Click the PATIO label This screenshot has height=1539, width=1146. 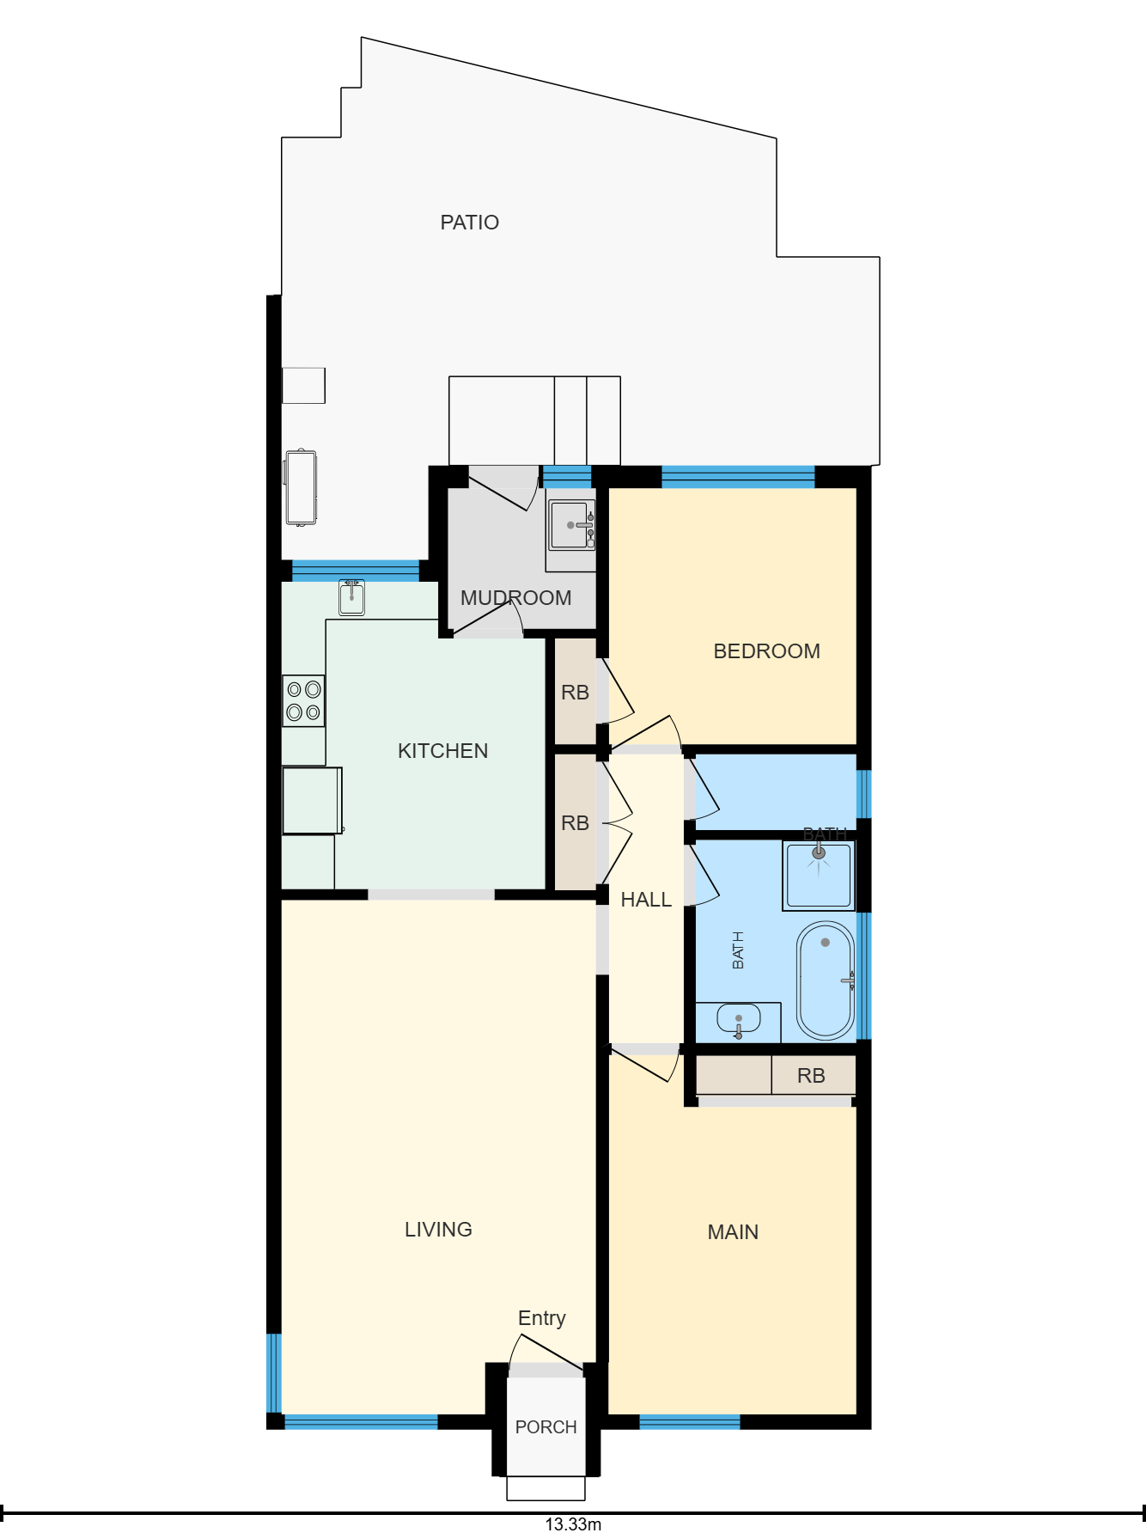(469, 223)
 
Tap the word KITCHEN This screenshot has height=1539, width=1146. (442, 751)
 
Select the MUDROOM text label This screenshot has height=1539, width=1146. (515, 598)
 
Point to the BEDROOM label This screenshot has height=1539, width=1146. (766, 651)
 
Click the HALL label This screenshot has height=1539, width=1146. (646, 900)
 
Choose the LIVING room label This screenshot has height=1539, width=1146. (438, 1230)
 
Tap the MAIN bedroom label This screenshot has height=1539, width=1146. (733, 1232)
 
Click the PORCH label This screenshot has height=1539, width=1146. (546, 1427)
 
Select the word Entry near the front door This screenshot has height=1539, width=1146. (541, 1319)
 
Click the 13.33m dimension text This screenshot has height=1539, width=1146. (573, 1524)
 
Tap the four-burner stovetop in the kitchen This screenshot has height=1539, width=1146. (303, 700)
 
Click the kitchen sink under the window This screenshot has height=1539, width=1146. (351, 596)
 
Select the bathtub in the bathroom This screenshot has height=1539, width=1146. (826, 980)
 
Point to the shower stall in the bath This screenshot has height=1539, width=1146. (819, 876)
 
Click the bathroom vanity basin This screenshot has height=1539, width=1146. (738, 1020)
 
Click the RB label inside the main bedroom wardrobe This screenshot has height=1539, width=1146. (811, 1076)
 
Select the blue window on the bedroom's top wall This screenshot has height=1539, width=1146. (738, 477)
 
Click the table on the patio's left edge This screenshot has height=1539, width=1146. (301, 487)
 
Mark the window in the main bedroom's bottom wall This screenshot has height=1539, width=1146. (690, 1422)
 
